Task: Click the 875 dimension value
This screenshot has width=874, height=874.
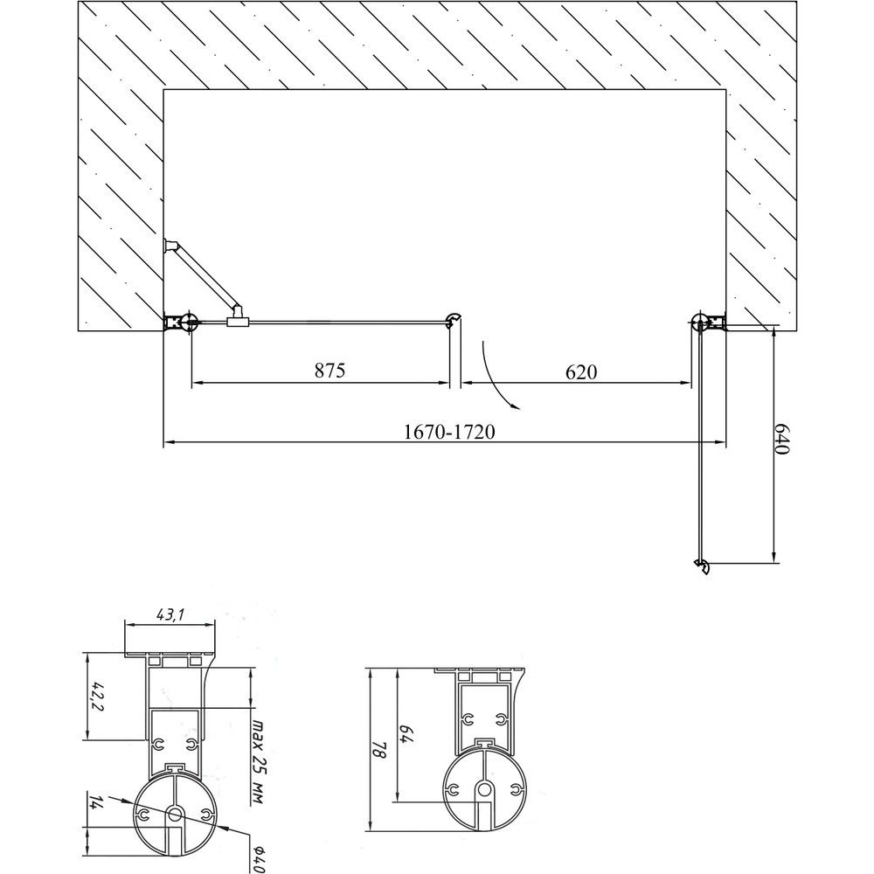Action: click(x=330, y=370)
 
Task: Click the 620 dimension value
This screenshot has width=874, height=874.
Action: click(x=581, y=371)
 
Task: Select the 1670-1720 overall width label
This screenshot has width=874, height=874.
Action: click(x=448, y=432)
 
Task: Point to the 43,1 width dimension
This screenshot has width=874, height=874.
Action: click(x=170, y=614)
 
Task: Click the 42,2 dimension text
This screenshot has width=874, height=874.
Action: click(x=96, y=697)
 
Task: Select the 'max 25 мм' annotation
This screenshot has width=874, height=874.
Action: click(x=258, y=762)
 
